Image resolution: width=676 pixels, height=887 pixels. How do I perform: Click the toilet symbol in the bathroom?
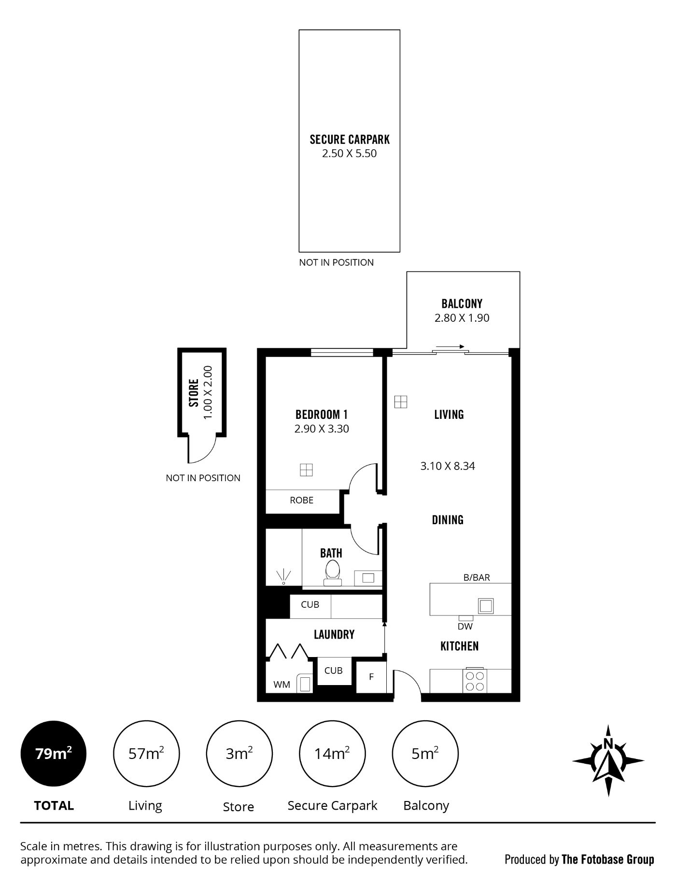tap(332, 573)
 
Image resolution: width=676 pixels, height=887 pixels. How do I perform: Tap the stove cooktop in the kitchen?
tap(474, 681)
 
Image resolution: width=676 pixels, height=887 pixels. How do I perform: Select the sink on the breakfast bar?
tap(486, 605)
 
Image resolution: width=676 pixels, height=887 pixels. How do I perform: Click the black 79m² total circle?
tap(54, 754)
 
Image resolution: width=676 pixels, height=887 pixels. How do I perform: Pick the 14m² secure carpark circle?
tap(333, 754)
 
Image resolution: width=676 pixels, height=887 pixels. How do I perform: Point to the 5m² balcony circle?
tap(425, 754)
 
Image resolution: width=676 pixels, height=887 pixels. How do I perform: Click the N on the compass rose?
tap(608, 744)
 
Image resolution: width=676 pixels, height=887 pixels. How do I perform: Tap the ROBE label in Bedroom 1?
tap(301, 501)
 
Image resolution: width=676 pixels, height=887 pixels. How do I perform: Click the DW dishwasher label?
tap(465, 627)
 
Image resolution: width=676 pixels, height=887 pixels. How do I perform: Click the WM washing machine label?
tap(282, 685)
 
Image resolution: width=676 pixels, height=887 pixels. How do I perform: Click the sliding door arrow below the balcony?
tap(449, 346)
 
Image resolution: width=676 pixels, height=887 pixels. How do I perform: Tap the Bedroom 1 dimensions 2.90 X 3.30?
tap(322, 429)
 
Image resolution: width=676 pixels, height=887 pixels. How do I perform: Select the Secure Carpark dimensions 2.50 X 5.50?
tap(350, 154)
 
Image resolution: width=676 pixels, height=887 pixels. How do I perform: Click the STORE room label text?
tap(194, 393)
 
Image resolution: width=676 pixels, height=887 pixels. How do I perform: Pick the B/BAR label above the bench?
tap(477, 577)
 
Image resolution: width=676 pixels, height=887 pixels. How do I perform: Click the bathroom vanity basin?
tap(368, 578)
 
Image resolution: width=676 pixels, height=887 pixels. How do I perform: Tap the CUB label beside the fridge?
tap(333, 671)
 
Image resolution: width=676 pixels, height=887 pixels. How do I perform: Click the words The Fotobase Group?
tap(608, 859)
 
